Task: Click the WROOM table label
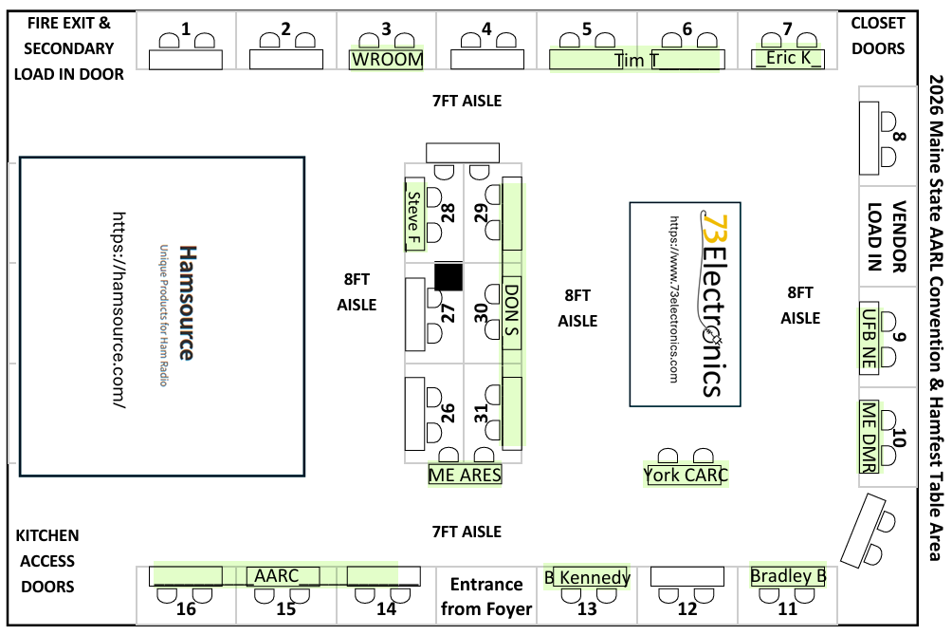click(x=387, y=60)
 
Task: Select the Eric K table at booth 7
click(x=787, y=59)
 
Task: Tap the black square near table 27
click(x=449, y=276)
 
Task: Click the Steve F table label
click(x=414, y=217)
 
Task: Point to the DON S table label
click(x=511, y=309)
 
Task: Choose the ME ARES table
click(x=465, y=475)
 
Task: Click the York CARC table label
click(x=686, y=475)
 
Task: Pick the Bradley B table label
click(x=788, y=575)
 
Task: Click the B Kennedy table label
click(x=588, y=577)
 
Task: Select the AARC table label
click(x=277, y=575)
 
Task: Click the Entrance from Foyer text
click(x=486, y=596)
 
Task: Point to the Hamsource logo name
click(x=188, y=303)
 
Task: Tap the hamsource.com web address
click(x=119, y=309)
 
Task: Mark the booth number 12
click(x=687, y=608)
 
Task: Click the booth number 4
click(x=486, y=28)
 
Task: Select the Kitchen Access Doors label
click(x=47, y=561)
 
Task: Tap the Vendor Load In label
click(x=887, y=236)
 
